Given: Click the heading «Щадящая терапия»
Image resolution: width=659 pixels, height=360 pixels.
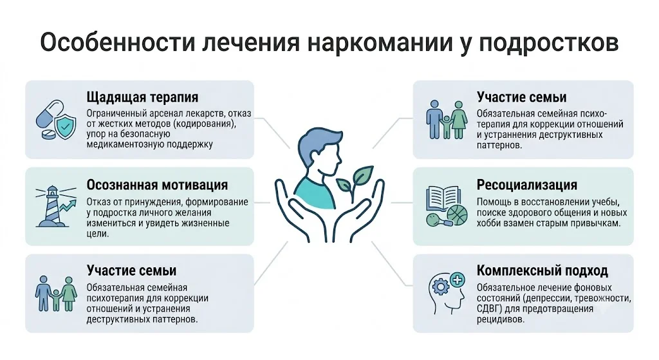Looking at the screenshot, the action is [142, 98].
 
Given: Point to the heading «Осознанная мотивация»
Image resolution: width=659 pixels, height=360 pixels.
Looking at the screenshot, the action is [157, 185].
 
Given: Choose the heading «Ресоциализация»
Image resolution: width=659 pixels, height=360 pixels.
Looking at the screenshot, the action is [527, 185].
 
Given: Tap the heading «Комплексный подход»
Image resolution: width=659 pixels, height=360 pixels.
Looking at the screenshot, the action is [542, 270].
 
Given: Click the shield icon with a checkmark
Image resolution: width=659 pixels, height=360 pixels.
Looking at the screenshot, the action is [65, 126].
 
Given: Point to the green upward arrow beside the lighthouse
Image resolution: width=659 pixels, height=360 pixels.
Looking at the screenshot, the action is [69, 207].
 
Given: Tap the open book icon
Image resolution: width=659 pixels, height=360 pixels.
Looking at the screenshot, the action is [443, 198].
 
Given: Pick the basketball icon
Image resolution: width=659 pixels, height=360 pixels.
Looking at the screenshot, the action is [457, 214].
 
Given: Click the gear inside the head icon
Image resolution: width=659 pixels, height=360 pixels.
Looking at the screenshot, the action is [441, 287].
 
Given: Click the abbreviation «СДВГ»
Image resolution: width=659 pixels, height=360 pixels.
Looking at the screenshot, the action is [488, 308].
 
